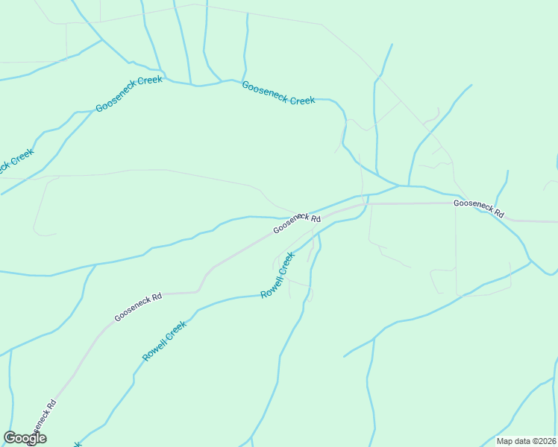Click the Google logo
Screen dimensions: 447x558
pos(25,438)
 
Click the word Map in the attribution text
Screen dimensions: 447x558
pos(506,441)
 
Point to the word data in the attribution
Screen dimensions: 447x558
pos(523,441)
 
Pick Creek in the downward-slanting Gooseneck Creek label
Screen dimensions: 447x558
pos(302,100)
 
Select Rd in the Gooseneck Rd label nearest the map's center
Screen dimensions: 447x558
pos(315,219)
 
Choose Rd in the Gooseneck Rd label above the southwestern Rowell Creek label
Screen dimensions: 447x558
pos(157,297)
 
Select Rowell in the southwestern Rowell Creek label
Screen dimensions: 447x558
pos(152,351)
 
